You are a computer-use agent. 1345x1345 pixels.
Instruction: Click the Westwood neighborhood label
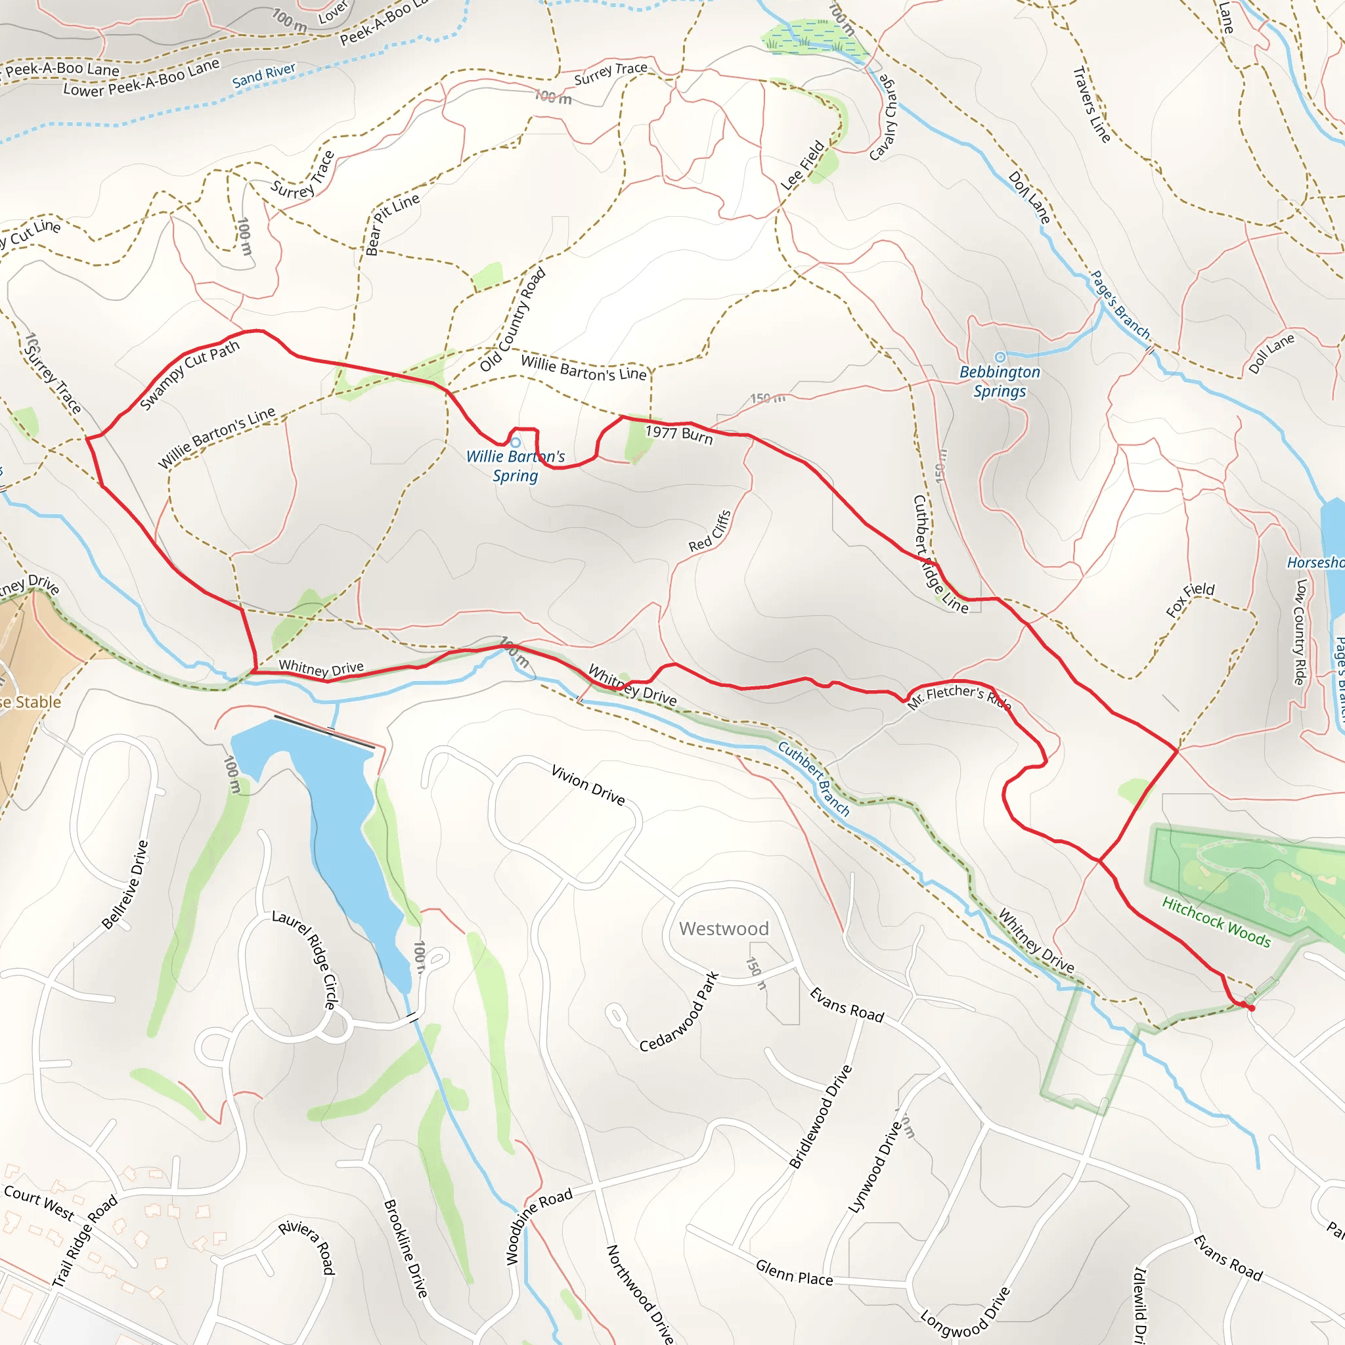point(723,929)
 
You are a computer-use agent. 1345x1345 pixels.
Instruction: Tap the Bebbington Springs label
point(1000,382)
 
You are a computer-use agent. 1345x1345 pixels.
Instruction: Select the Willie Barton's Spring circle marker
point(515,443)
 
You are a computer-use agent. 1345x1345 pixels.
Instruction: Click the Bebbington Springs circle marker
point(1000,357)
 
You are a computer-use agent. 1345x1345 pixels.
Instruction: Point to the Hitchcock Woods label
point(1216,921)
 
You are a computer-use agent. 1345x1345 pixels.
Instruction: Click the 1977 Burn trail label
point(679,433)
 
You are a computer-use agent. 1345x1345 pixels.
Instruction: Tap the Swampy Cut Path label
point(189,374)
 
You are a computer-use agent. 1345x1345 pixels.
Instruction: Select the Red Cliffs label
point(710,531)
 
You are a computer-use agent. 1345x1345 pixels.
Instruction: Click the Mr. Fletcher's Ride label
point(959,696)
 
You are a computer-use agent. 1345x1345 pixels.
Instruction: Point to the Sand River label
point(264,75)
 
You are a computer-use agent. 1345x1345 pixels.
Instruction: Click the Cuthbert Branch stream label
point(814,778)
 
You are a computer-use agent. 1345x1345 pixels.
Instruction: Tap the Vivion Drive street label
point(588,785)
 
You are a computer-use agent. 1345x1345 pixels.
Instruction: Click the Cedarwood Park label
point(679,1011)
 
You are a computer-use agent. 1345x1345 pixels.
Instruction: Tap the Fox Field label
point(1190,600)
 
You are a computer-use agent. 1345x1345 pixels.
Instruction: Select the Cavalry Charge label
point(883,116)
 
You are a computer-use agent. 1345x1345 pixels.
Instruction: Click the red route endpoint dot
point(1251,1007)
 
